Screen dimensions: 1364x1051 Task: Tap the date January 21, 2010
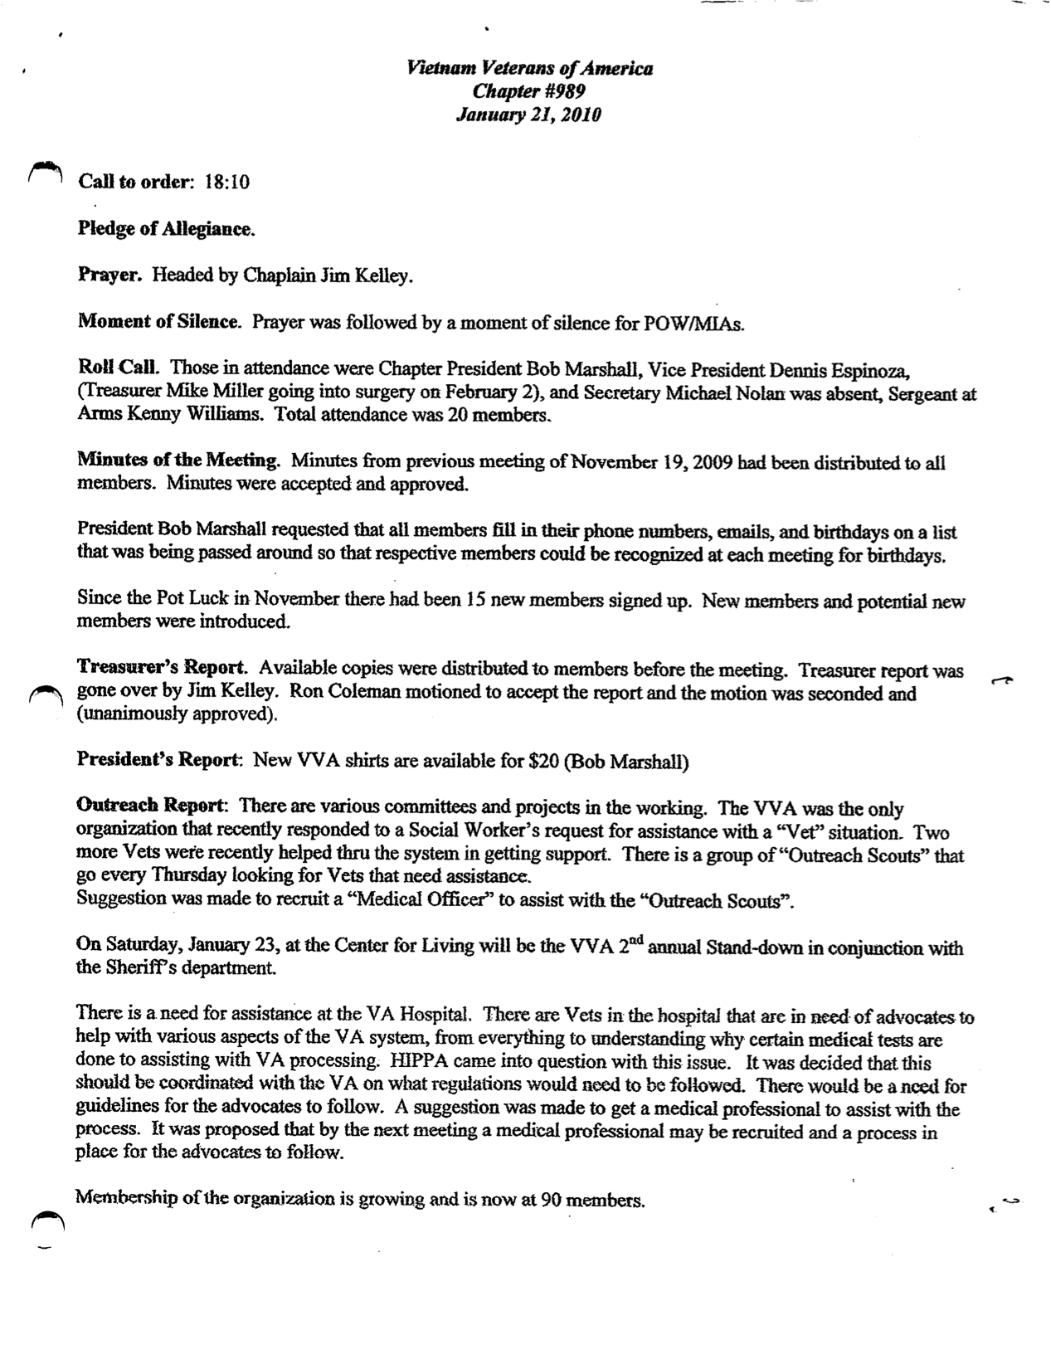528,114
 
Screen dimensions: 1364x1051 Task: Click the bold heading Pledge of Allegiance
166,229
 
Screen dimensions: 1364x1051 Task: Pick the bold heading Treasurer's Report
162,668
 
